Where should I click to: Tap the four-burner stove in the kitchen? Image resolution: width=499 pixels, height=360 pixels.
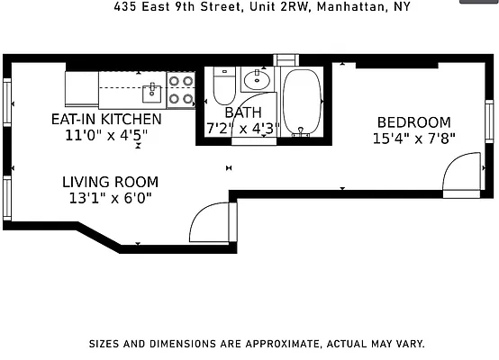(x=181, y=88)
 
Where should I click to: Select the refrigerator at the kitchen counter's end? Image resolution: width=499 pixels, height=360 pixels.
(x=80, y=88)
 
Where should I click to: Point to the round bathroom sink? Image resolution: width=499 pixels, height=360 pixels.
(x=258, y=78)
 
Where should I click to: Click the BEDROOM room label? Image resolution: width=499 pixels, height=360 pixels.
(x=413, y=122)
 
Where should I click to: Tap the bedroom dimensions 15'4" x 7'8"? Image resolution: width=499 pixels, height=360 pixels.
(x=414, y=139)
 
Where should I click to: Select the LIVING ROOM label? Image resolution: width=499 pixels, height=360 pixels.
(x=110, y=181)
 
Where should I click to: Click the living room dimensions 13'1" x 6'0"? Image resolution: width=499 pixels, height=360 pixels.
(x=110, y=198)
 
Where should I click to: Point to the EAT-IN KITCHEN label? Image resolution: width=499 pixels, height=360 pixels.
(x=106, y=119)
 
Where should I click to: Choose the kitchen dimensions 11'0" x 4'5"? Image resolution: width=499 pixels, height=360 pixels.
(x=106, y=135)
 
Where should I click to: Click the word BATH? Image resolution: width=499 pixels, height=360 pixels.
(x=242, y=112)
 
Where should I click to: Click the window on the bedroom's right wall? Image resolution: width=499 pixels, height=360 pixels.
(x=489, y=121)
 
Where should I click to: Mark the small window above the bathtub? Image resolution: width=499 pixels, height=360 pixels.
(x=286, y=60)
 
